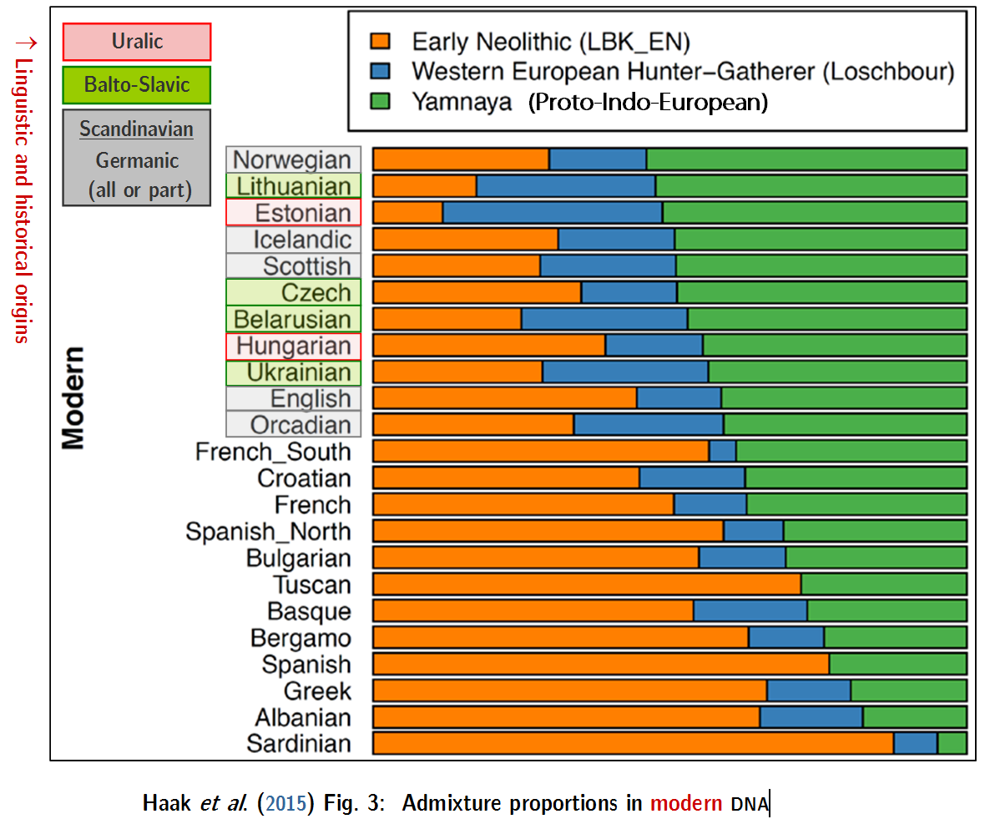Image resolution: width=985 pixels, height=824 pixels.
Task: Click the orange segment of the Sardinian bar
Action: pyautogui.click(x=633, y=743)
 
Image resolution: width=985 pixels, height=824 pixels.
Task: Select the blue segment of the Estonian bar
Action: pyautogui.click(x=553, y=212)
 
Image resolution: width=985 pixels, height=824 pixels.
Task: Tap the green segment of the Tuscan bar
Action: pyautogui.click(x=883, y=584)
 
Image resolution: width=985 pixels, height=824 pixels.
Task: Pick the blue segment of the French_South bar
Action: pyautogui.click(x=723, y=451)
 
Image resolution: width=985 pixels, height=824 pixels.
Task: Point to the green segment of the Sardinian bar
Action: pyautogui.click(x=952, y=743)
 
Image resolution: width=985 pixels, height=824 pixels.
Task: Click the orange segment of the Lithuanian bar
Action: pyautogui.click(x=424, y=185)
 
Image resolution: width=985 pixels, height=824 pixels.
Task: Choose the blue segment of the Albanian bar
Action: pyautogui.click(x=811, y=716)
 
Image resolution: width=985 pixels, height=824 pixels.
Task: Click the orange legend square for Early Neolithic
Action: pyautogui.click(x=380, y=41)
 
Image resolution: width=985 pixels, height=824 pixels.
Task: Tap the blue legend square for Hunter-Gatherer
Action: pyautogui.click(x=380, y=71)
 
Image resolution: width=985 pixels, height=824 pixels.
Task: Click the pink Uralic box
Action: pyautogui.click(x=137, y=42)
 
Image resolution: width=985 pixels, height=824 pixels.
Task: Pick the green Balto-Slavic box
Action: pyautogui.click(x=137, y=84)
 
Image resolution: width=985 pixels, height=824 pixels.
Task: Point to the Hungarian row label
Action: pyautogui.click(x=293, y=346)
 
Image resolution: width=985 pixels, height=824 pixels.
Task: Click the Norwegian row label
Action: pyautogui.click(x=293, y=159)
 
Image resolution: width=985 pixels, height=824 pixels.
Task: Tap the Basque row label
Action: pyautogui.click(x=309, y=611)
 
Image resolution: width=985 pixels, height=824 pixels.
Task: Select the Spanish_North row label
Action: pyautogui.click(x=268, y=532)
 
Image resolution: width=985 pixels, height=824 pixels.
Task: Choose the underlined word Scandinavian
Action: pyautogui.click(x=137, y=129)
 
